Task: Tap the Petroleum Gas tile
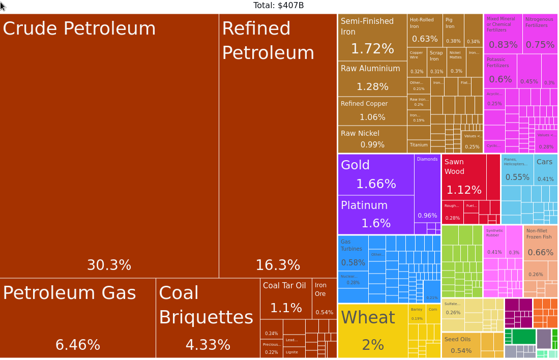click(78, 318)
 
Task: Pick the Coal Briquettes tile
click(208, 318)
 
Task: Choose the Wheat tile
click(373, 331)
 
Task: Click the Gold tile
click(376, 174)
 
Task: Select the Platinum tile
click(376, 215)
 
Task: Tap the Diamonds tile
click(427, 188)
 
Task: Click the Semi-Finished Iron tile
click(372, 37)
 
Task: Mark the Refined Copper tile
click(372, 111)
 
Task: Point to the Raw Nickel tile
click(372, 139)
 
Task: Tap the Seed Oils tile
click(461, 345)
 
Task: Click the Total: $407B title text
click(279, 6)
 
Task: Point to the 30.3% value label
click(109, 265)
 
